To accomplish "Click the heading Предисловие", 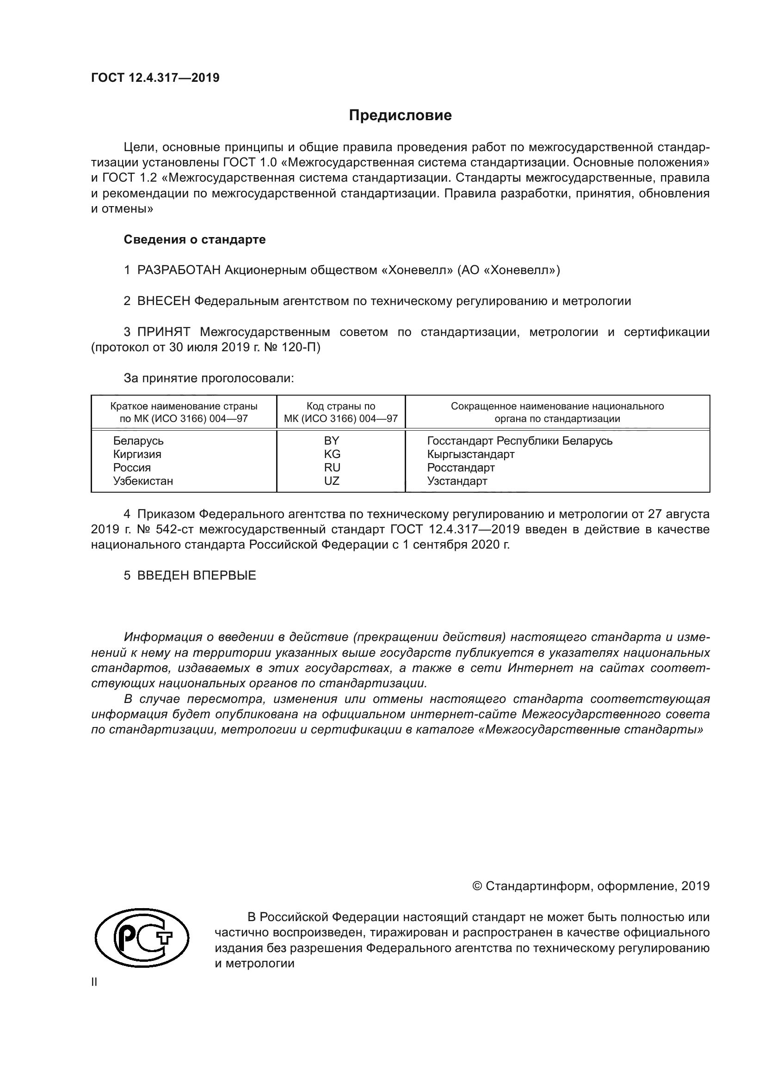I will (x=400, y=116).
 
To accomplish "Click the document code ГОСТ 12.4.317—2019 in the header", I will (x=155, y=78).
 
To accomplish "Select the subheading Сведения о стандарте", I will (x=195, y=240).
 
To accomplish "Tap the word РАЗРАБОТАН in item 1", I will (x=179, y=270).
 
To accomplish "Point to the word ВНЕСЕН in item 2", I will (x=163, y=301).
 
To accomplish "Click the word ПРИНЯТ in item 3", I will (x=163, y=332).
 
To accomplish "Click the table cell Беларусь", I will (x=138, y=441).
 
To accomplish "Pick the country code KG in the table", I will (x=332, y=454).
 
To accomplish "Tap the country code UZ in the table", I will (x=332, y=481).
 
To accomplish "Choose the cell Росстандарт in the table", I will (x=461, y=468).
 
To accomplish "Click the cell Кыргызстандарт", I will (x=470, y=454).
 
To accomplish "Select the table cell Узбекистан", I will (x=143, y=481).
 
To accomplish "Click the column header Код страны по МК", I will (x=340, y=412).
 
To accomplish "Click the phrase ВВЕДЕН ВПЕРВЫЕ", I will (x=197, y=575).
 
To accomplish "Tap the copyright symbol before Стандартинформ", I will (x=477, y=886).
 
